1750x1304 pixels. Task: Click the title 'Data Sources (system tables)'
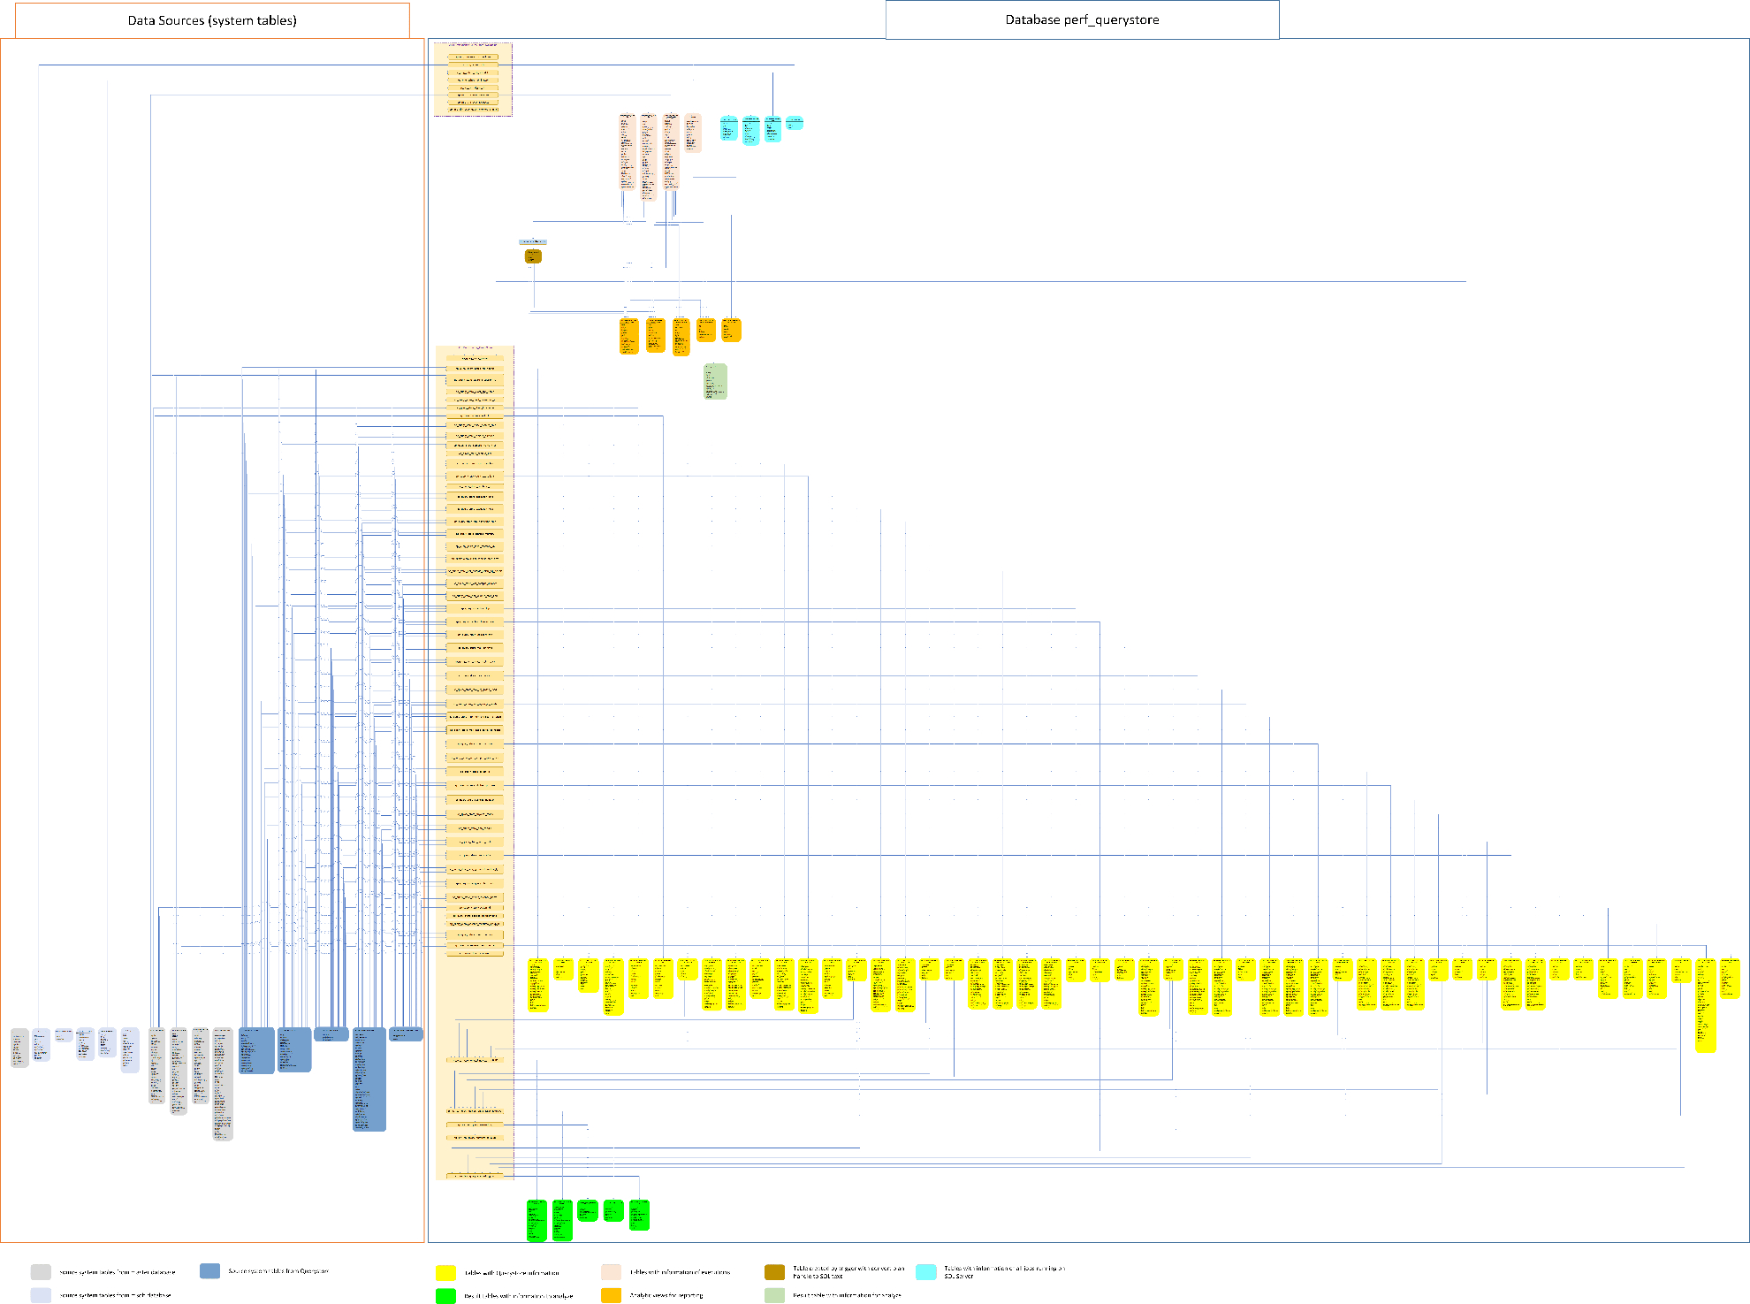(212, 20)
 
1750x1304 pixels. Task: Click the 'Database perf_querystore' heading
(1082, 19)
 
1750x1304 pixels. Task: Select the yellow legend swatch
(445, 1272)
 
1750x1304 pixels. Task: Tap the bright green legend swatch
(445, 1295)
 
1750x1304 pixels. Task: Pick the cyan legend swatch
(925, 1272)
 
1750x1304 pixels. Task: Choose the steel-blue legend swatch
(209, 1270)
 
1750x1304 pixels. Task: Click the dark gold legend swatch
(774, 1272)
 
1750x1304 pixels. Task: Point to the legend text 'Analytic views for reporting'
(666, 1295)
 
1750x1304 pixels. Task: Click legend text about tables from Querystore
(278, 1271)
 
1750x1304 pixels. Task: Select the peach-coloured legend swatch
(611, 1272)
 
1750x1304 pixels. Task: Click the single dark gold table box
(533, 255)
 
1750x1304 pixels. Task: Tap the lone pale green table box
(715, 381)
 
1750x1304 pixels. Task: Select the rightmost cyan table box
(795, 123)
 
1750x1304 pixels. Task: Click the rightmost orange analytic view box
(731, 330)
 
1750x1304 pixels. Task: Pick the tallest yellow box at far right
(1705, 1005)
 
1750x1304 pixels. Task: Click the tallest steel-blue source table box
(369, 1079)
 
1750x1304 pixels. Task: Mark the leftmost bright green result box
(536, 1220)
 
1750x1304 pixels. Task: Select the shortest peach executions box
(693, 133)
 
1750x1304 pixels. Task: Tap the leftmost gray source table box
(19, 1048)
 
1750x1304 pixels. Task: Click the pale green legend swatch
(774, 1295)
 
